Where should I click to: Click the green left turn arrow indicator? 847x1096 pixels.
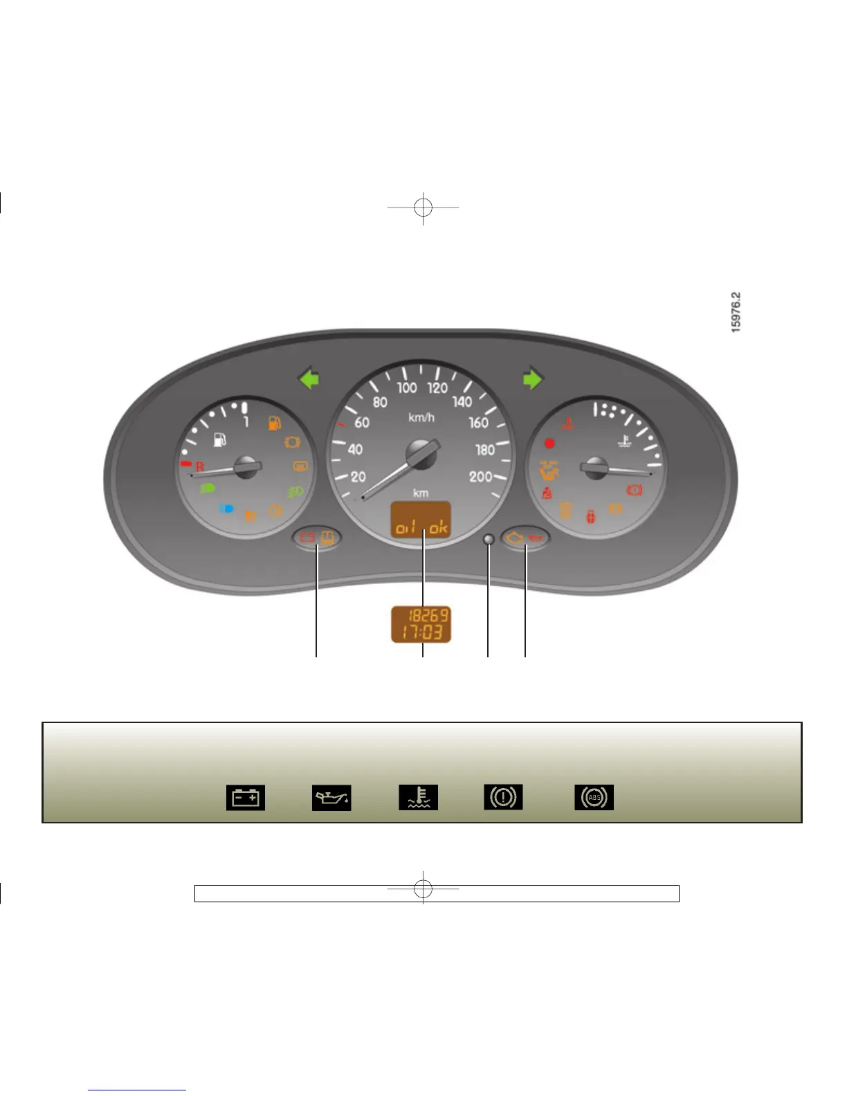point(309,379)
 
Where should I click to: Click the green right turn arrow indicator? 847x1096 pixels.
point(533,379)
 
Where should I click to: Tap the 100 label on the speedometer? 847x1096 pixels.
point(407,387)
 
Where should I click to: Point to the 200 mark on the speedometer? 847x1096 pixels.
point(480,477)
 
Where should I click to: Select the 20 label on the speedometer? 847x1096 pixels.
point(358,477)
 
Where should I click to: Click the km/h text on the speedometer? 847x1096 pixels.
point(421,417)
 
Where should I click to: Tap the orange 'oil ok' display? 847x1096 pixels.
point(421,520)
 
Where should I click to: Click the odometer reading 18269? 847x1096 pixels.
point(428,615)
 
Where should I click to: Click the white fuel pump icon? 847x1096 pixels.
point(220,439)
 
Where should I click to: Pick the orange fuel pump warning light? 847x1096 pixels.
point(275,423)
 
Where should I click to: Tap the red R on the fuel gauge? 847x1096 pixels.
point(200,467)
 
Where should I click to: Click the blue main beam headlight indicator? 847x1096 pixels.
point(226,509)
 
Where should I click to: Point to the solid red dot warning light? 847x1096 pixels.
point(550,444)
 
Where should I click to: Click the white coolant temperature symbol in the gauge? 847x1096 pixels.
point(625,440)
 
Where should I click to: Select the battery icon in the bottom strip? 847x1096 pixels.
point(246,798)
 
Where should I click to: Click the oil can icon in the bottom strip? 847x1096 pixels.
point(331,798)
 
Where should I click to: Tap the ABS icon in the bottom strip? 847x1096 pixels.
point(594,798)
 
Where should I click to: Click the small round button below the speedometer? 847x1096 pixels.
point(489,540)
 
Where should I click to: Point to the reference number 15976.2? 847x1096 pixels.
point(736,312)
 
